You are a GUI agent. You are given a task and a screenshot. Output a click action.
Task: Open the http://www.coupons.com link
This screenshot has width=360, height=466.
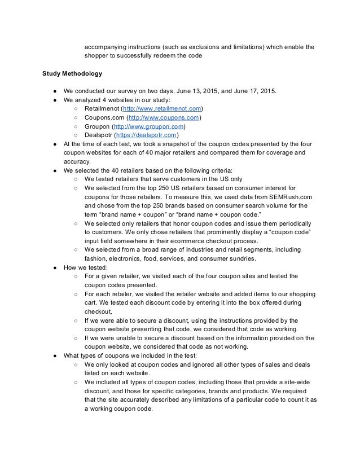[164, 117]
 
